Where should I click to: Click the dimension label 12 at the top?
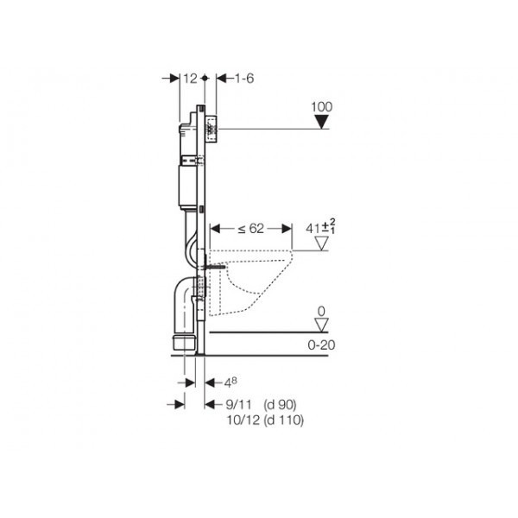point(190,79)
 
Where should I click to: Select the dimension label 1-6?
point(244,79)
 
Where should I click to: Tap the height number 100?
point(321,107)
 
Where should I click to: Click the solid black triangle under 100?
point(321,122)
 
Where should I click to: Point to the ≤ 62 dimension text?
point(251,229)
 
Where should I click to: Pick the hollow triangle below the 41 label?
point(321,243)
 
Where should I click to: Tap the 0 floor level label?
point(321,311)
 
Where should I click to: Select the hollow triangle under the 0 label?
point(321,325)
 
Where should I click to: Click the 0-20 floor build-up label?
point(321,345)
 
